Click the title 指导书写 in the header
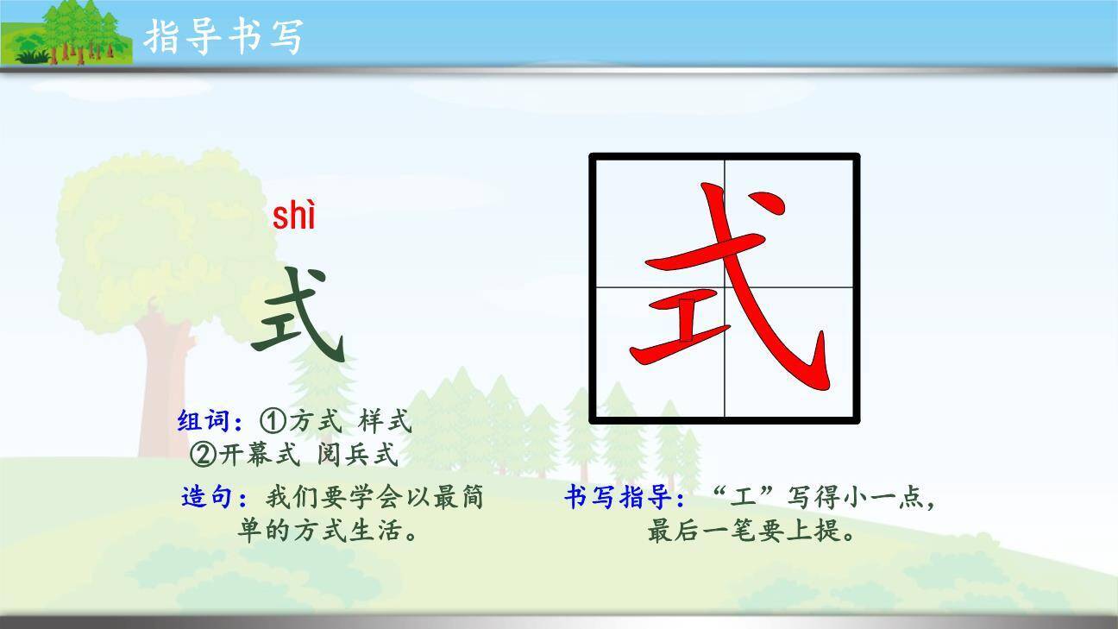pos(223,36)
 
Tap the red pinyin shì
pos(294,216)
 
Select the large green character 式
pos(298,315)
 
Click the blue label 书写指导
pos(625,498)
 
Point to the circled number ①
pos(273,422)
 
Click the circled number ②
pos(204,454)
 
